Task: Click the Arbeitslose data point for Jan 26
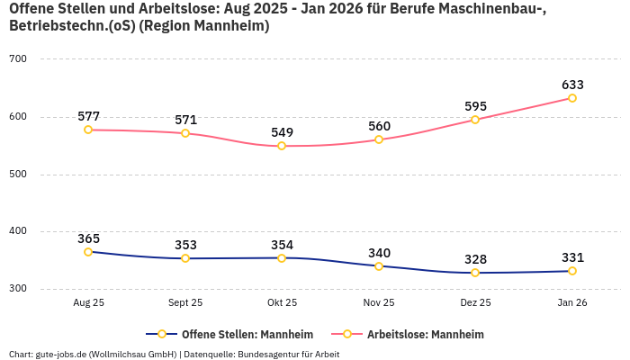pos(572,98)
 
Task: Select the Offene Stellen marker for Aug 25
pos(88,252)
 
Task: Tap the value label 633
pos(572,85)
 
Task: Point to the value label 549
pos(282,132)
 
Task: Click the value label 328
pos(475,259)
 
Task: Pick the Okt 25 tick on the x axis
pos(282,303)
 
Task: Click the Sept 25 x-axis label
pos(185,303)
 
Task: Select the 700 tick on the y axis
pos(18,59)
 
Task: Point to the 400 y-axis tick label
pos(18,232)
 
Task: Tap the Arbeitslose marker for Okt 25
pos(282,146)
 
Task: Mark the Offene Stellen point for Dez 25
pos(475,273)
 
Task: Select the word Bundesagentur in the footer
pos(267,354)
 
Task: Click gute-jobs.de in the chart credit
pos(60,354)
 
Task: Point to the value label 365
pos(88,238)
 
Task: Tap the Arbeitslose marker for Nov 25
pos(379,139)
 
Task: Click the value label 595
pos(475,106)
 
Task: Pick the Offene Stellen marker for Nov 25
pos(379,266)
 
